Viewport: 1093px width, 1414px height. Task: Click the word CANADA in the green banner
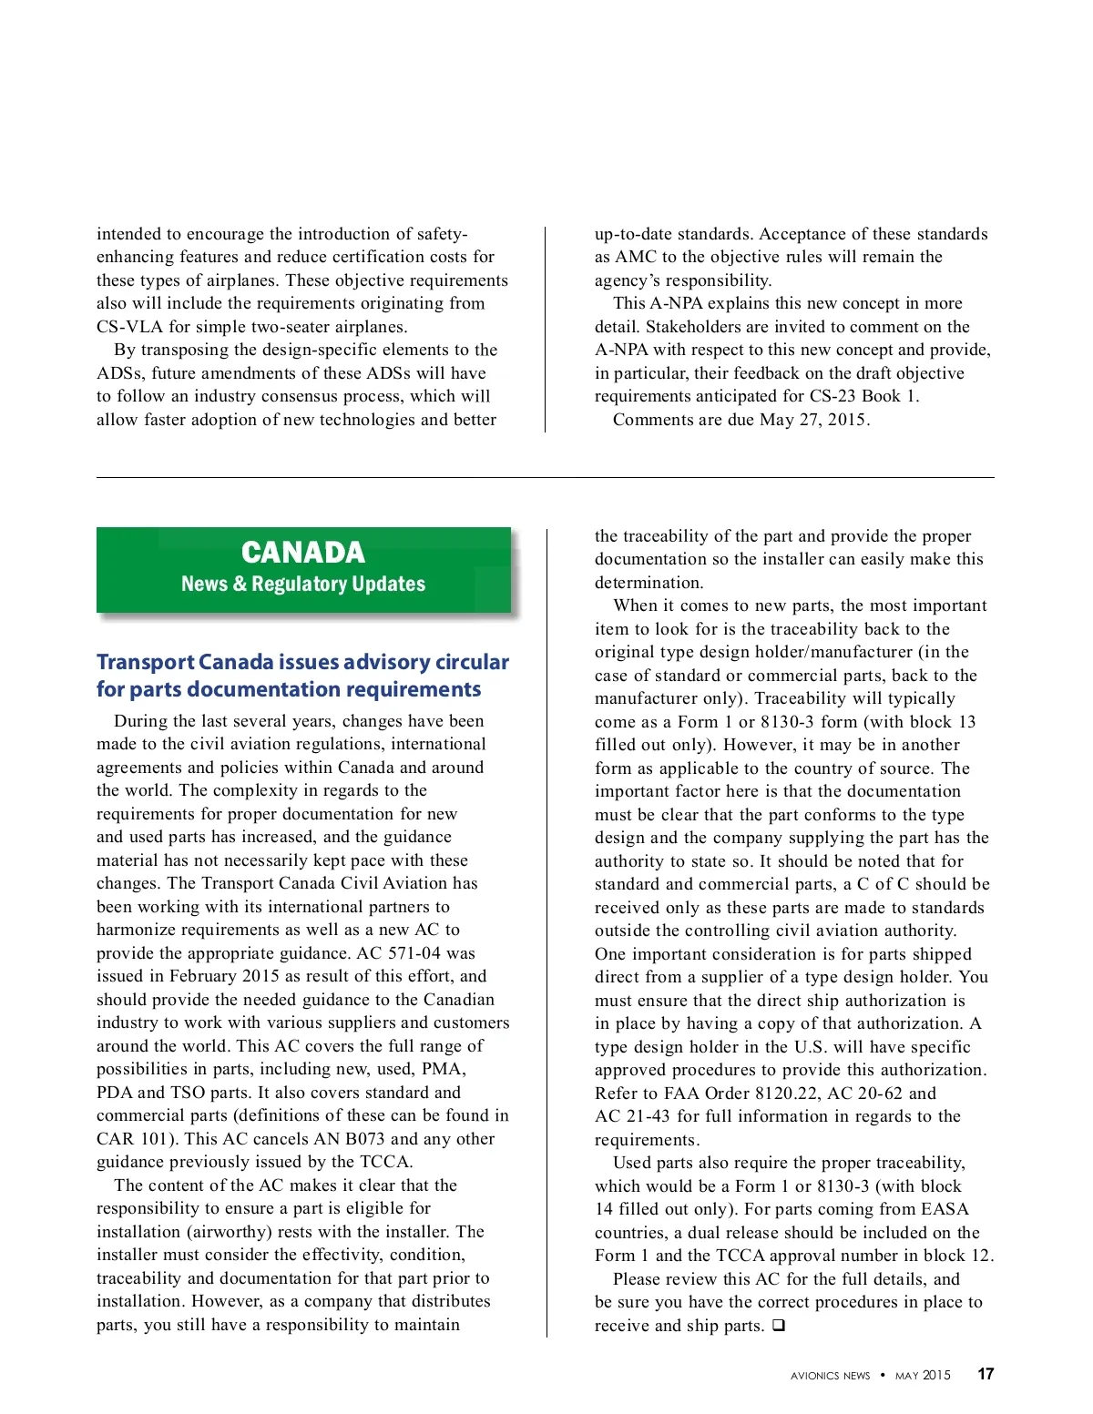coord(303,553)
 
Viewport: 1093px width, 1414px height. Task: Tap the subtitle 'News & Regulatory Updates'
coord(303,584)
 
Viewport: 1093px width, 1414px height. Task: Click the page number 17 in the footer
coord(986,1374)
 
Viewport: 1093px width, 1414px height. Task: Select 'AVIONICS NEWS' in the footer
coord(830,1376)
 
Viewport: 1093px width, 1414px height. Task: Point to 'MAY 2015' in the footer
coord(923,1376)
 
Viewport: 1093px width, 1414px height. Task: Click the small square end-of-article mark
coord(779,1326)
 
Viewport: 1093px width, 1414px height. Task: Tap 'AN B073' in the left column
coord(349,1139)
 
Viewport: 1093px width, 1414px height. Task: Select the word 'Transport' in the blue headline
coord(146,662)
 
